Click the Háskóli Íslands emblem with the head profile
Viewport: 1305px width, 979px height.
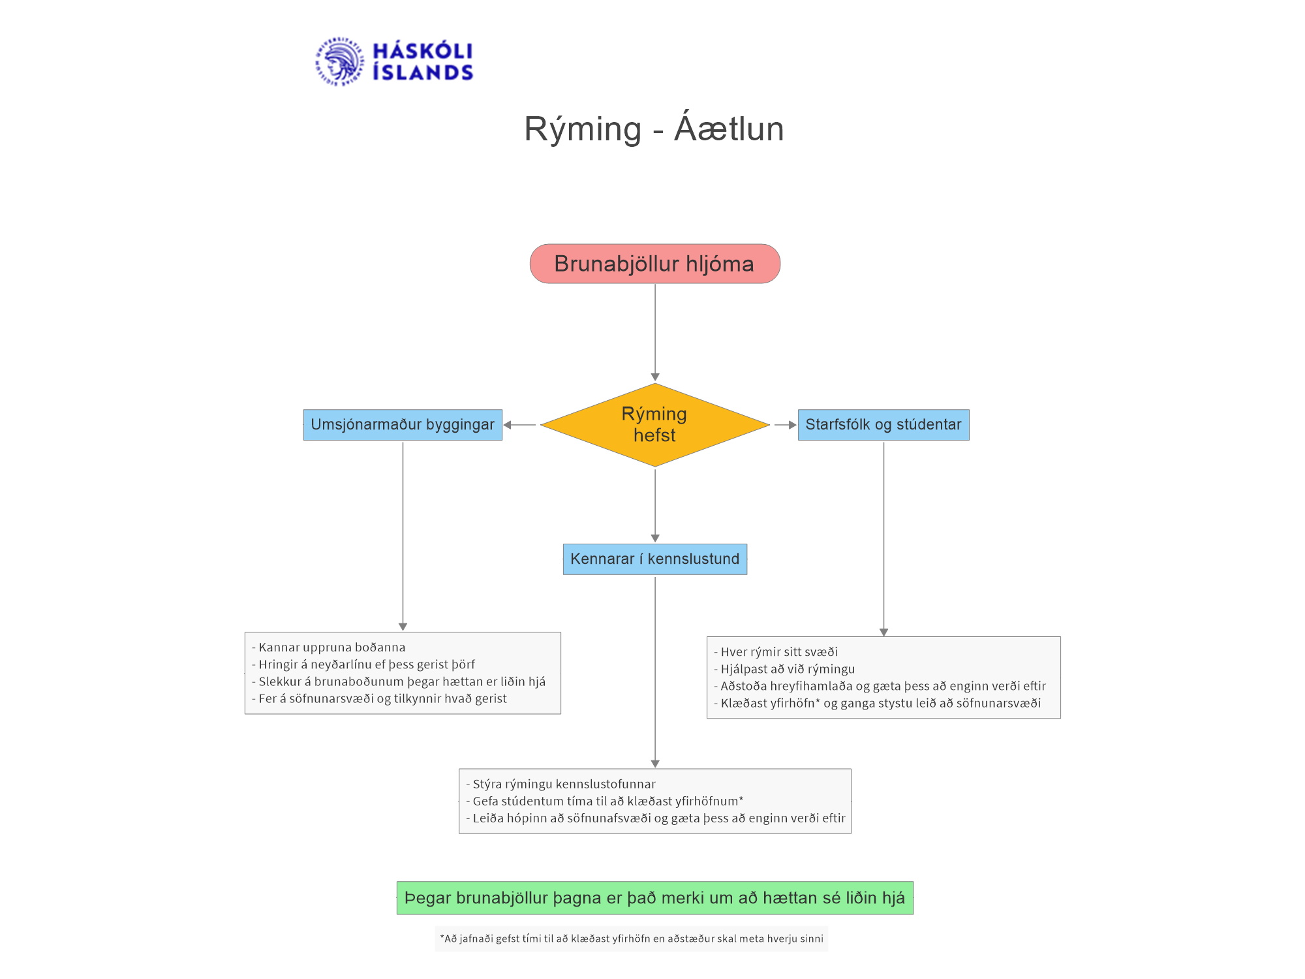tap(339, 61)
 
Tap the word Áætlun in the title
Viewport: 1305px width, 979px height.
tap(729, 127)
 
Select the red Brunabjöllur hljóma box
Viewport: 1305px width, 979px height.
tap(654, 264)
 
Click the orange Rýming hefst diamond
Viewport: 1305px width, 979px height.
tap(654, 425)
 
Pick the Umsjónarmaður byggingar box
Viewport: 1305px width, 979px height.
tap(403, 425)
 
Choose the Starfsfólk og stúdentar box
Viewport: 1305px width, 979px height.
tap(883, 425)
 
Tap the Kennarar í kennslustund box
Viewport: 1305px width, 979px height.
tap(654, 559)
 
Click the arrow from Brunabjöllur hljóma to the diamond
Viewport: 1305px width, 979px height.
tap(655, 332)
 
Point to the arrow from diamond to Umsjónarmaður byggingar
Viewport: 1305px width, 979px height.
tap(519, 425)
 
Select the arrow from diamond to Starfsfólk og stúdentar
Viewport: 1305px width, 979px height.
tap(786, 425)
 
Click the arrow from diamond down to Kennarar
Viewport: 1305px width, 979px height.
tap(655, 505)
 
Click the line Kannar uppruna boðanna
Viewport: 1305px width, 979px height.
tap(329, 647)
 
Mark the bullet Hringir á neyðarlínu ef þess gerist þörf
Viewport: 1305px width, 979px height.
tap(363, 664)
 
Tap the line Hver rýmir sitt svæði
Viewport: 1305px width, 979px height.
tap(776, 652)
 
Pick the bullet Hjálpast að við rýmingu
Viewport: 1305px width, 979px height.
tap(784, 669)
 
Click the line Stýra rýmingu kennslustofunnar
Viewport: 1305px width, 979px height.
tap(560, 784)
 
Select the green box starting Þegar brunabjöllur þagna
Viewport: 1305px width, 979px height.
tap(654, 898)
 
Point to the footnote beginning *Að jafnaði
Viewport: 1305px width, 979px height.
tap(631, 939)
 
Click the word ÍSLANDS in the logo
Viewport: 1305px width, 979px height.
tap(423, 72)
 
